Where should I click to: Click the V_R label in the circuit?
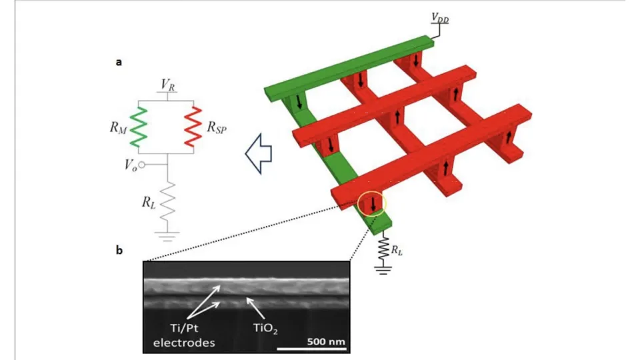[x=168, y=85]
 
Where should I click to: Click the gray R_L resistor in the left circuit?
[x=168, y=201]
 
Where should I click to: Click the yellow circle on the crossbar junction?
[x=371, y=203]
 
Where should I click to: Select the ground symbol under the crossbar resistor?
[x=383, y=269]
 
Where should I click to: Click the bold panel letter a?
[x=119, y=62]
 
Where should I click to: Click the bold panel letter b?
[x=119, y=251]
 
